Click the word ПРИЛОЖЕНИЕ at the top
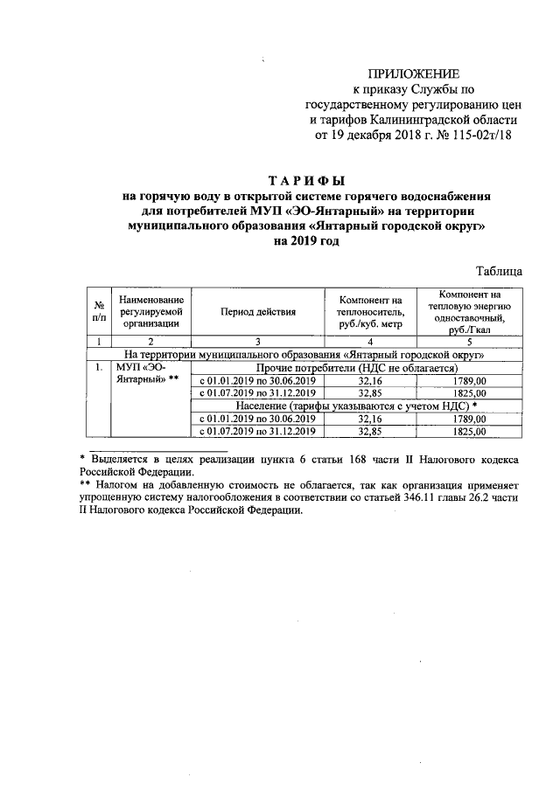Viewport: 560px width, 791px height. tap(411, 73)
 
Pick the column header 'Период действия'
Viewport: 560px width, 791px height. tap(258, 311)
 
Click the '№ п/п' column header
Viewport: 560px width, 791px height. tap(99, 311)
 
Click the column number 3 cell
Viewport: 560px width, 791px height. tap(258, 341)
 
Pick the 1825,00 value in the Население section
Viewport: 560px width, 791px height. tap(471, 431)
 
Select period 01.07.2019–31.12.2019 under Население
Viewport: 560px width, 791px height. tap(258, 431)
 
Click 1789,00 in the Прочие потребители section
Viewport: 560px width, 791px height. tap(471, 381)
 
